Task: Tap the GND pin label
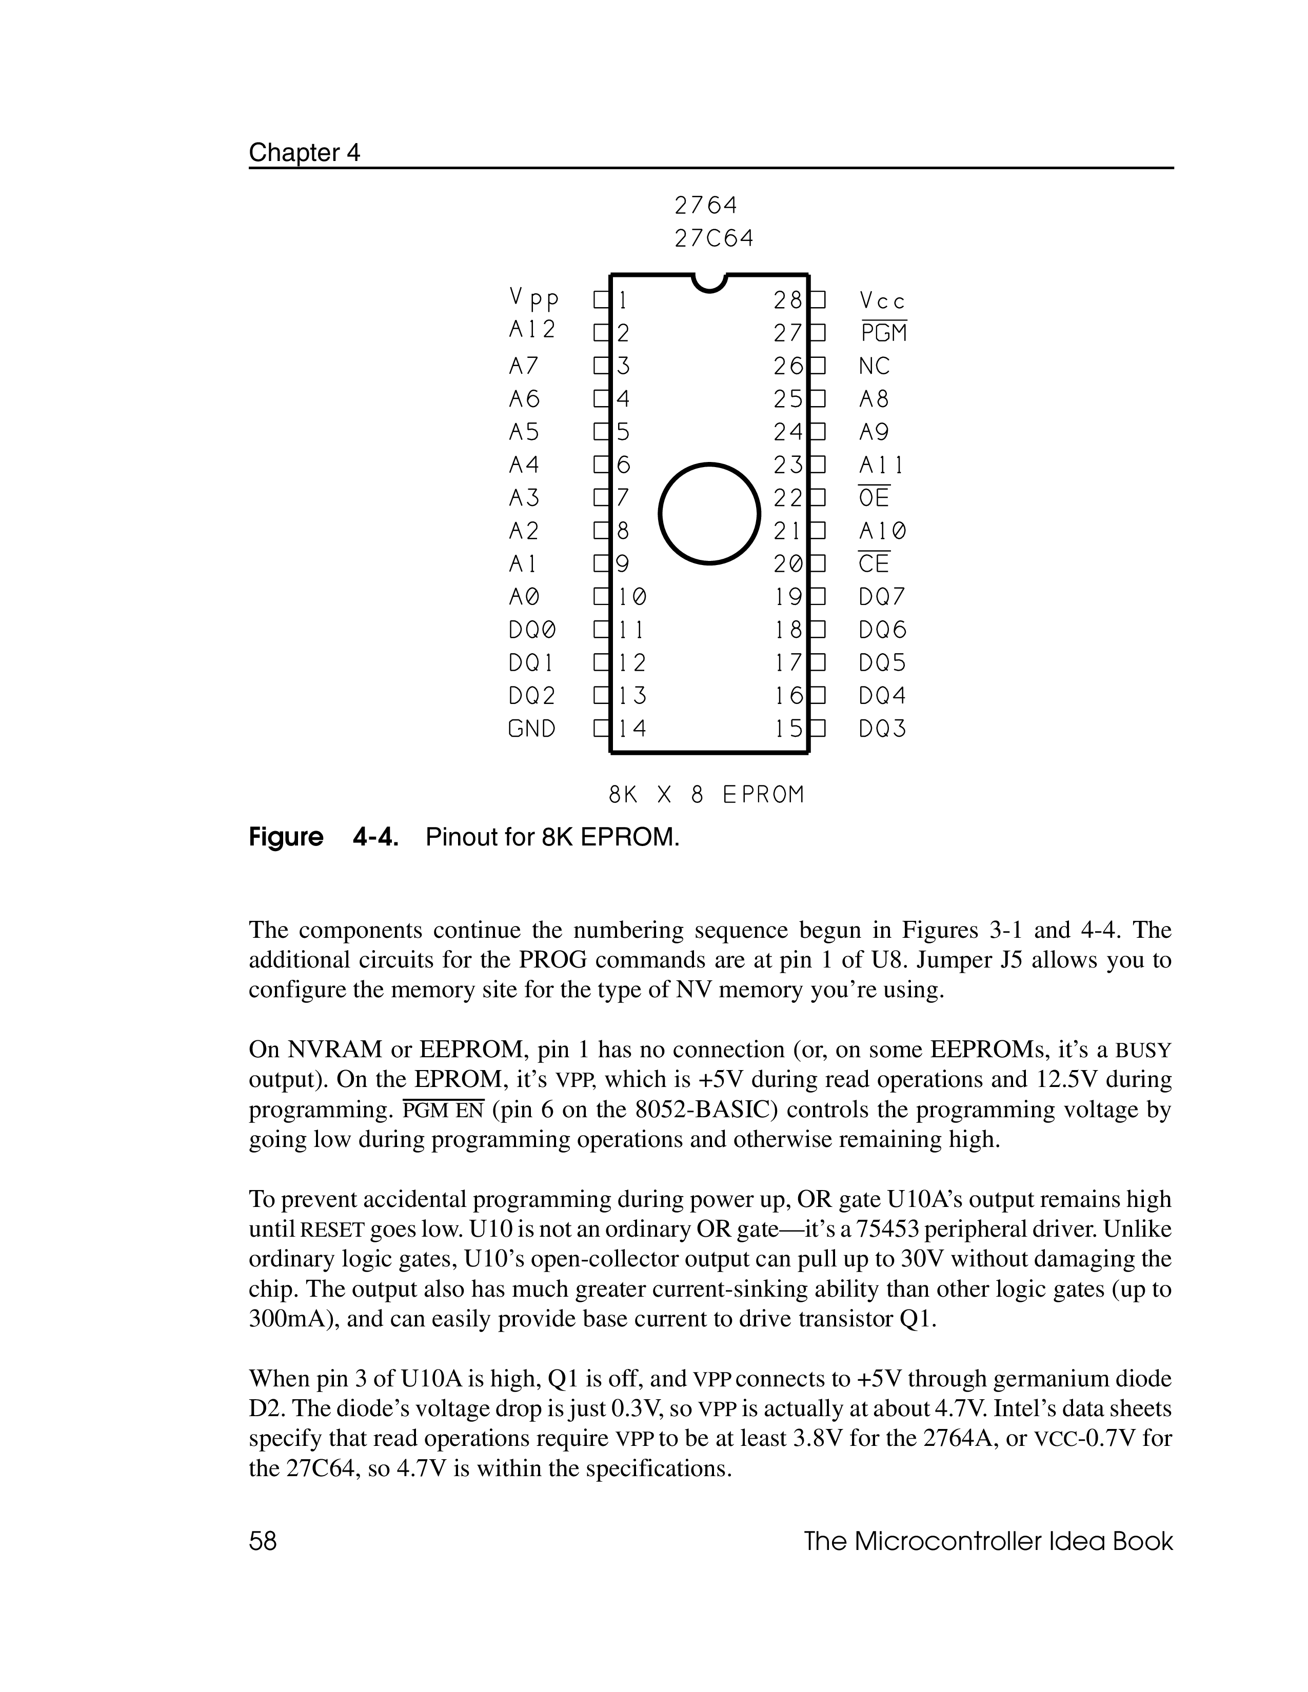coord(531,729)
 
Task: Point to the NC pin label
coord(874,366)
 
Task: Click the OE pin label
coord(874,497)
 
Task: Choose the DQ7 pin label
coord(882,596)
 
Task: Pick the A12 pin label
coord(532,331)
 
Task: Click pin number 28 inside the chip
coord(788,300)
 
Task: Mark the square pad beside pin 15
coord(818,729)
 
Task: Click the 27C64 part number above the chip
coord(713,238)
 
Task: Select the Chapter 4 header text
coord(305,153)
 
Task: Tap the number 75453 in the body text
coord(880,1230)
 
